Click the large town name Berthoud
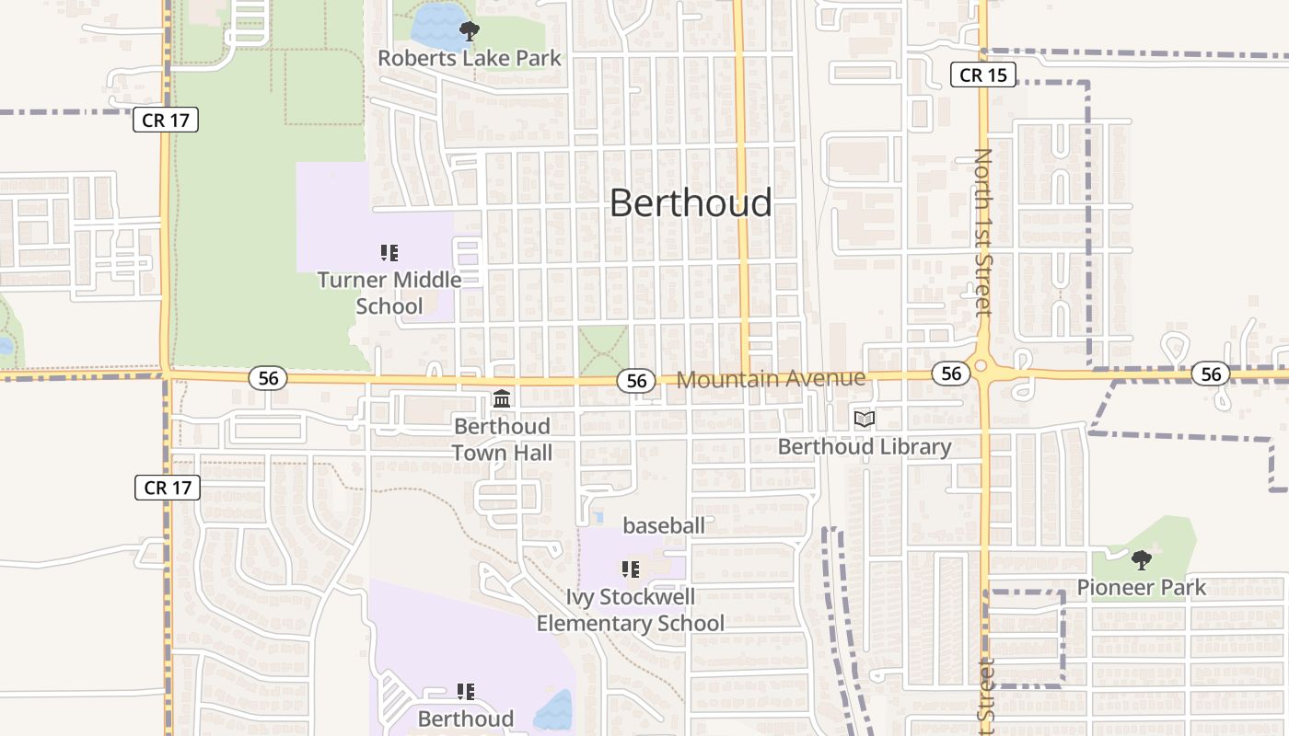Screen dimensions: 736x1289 click(691, 203)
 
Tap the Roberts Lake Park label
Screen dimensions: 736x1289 click(470, 58)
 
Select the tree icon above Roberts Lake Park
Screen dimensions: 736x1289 click(470, 31)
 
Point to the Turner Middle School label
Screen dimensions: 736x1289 click(389, 292)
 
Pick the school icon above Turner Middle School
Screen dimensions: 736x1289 click(389, 252)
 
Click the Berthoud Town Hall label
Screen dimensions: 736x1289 click(502, 439)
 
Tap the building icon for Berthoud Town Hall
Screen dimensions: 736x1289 click(502, 398)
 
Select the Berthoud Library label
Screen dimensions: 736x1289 click(864, 447)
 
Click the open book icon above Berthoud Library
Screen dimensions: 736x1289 click(864, 420)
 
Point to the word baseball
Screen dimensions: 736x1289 click(664, 525)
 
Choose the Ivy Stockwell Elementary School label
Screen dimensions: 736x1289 click(631, 610)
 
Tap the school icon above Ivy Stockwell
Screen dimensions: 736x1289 click(631, 569)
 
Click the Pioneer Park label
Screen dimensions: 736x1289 click(1141, 587)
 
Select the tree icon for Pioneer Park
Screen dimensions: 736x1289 click(1141, 559)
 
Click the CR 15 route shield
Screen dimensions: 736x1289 click(983, 75)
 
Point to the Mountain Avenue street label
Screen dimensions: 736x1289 click(771, 378)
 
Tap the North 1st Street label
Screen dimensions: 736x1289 click(983, 232)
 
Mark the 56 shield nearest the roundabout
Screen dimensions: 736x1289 click(951, 373)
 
